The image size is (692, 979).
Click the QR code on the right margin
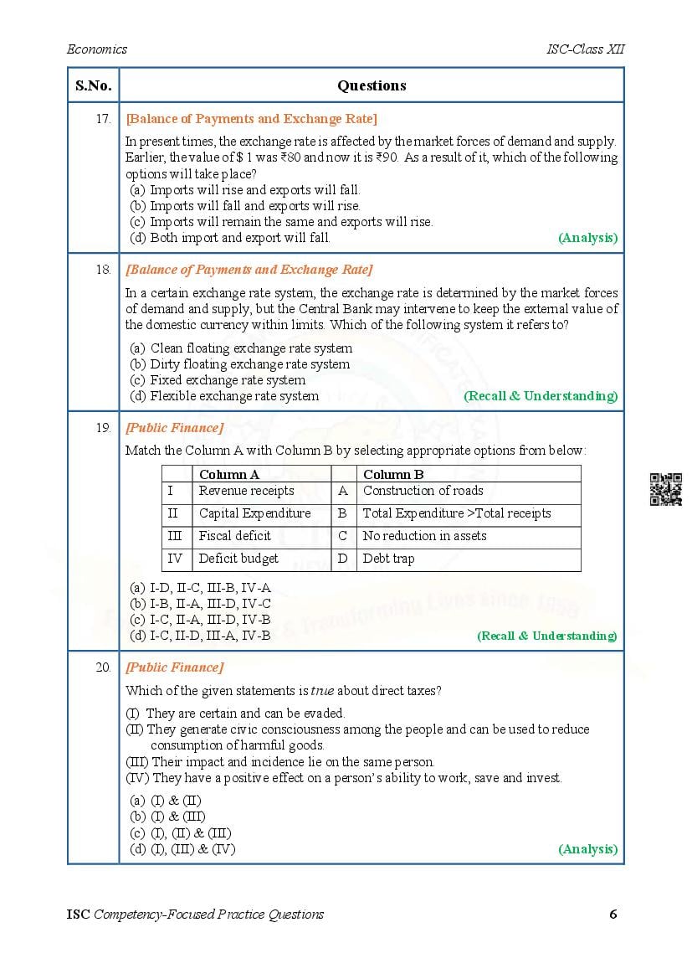tap(665, 489)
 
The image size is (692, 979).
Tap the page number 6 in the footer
tap(613, 914)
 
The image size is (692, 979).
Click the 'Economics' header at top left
tap(97, 49)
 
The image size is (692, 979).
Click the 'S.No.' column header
tap(93, 85)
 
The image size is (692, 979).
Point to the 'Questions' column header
tap(372, 85)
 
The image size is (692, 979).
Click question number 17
tap(103, 119)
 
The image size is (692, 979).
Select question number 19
tap(103, 428)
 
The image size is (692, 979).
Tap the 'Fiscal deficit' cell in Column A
tap(234, 536)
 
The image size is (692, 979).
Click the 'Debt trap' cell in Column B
tap(388, 559)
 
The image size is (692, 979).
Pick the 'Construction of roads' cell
tap(423, 491)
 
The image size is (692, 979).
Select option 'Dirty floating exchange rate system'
tap(249, 364)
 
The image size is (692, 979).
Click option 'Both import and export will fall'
tap(239, 238)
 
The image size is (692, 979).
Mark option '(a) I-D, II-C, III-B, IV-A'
tap(201, 588)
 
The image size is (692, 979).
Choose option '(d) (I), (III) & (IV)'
tap(182, 849)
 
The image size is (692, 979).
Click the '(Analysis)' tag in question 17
tap(587, 238)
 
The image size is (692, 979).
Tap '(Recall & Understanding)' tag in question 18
tap(541, 396)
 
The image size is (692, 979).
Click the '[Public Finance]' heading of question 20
tap(174, 667)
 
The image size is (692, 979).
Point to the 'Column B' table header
tap(393, 474)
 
